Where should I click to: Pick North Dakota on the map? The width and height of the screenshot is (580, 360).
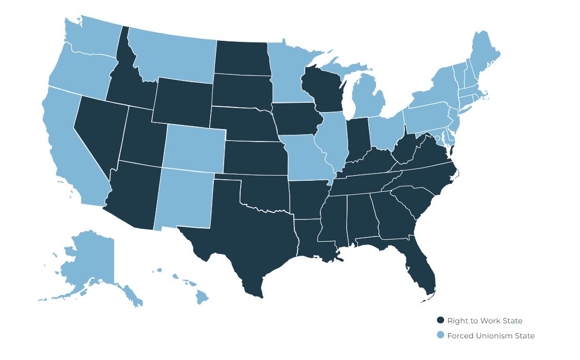click(241, 57)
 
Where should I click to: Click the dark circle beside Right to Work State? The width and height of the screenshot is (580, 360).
click(441, 320)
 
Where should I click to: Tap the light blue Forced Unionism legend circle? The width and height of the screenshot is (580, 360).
click(441, 335)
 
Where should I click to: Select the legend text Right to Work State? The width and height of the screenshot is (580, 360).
click(484, 321)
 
